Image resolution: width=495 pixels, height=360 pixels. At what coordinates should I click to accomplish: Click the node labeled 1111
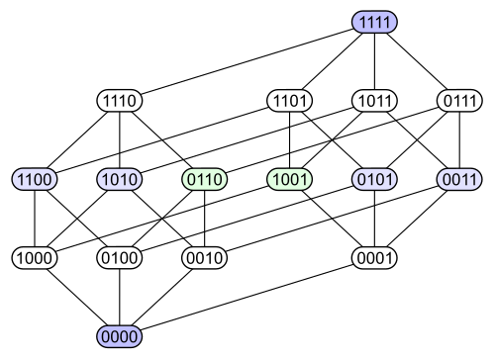click(x=374, y=22)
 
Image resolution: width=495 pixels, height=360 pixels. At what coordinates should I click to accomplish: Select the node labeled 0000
click(x=120, y=336)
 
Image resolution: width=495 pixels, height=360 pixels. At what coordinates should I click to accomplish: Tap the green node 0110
click(x=205, y=179)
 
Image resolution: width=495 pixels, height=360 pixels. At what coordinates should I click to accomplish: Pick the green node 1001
click(x=289, y=179)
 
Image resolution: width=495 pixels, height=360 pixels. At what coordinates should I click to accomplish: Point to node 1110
click(x=120, y=101)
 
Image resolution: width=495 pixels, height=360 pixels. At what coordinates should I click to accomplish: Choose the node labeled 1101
click(x=289, y=101)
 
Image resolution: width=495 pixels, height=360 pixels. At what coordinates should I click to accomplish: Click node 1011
click(x=374, y=101)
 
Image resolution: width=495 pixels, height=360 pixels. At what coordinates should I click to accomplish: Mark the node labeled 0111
click(x=459, y=101)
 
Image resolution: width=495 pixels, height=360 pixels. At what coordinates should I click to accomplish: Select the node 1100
click(x=35, y=179)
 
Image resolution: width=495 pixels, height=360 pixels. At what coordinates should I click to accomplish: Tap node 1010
click(x=120, y=179)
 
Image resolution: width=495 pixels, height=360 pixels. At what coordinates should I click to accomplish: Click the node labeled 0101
click(x=374, y=179)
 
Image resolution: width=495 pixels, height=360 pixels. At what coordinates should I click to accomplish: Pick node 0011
click(x=459, y=179)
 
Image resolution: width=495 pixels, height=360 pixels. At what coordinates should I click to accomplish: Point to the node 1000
click(x=35, y=258)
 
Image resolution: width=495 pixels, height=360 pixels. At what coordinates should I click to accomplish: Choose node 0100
click(x=120, y=258)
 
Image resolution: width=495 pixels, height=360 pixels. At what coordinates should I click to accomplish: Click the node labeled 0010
click(x=205, y=258)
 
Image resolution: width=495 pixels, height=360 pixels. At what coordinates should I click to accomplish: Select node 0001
click(x=374, y=258)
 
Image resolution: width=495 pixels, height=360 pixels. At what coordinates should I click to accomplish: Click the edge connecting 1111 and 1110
click(x=247, y=61)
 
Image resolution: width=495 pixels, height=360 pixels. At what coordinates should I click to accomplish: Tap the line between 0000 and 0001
click(x=247, y=297)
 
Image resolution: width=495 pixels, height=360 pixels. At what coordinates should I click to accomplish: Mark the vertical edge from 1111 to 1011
click(x=374, y=61)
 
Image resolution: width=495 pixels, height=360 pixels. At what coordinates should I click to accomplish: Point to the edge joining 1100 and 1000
click(x=35, y=219)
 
